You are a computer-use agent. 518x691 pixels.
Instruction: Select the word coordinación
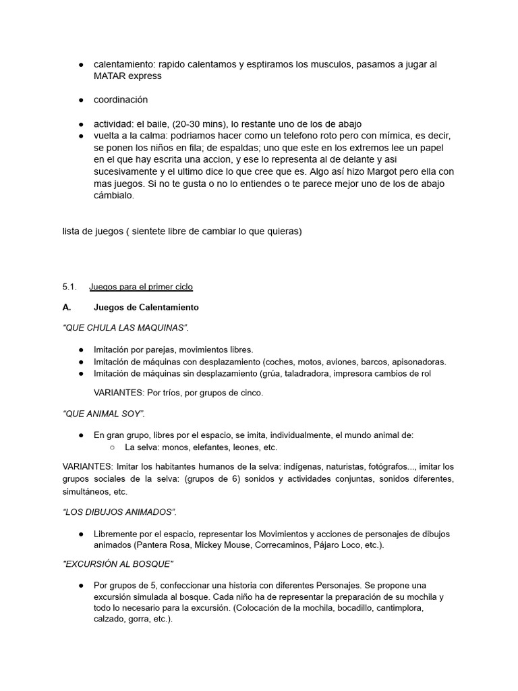[x=121, y=100]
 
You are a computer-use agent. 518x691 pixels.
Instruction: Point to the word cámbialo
[x=114, y=196]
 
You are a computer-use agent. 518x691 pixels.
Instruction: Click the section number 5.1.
[x=70, y=287]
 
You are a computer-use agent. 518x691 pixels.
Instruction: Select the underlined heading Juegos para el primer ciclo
[x=141, y=287]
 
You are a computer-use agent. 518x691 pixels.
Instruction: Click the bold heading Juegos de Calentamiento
[x=146, y=307]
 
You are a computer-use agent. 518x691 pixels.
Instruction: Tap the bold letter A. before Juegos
[x=67, y=307]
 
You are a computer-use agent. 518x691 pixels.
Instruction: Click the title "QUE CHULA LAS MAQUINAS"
[x=125, y=328]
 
